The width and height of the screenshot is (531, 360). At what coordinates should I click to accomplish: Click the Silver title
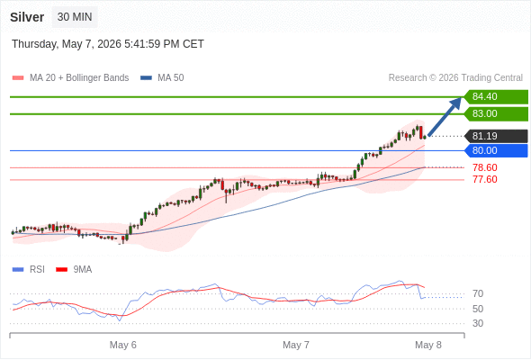(x=27, y=17)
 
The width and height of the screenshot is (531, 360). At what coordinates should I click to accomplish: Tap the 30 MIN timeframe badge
(x=75, y=17)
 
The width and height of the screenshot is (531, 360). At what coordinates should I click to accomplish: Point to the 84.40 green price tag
(x=496, y=97)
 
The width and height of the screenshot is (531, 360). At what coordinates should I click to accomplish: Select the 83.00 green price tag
(x=496, y=113)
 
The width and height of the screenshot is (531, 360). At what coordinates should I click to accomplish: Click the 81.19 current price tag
(x=496, y=136)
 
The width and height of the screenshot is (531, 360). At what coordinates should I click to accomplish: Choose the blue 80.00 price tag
(x=496, y=150)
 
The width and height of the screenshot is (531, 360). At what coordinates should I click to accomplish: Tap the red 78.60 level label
(x=485, y=167)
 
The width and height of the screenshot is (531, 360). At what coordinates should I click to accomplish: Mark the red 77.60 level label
(x=485, y=179)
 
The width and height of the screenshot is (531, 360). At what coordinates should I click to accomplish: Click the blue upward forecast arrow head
(x=456, y=103)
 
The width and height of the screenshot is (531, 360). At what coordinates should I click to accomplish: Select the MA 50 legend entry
(x=162, y=78)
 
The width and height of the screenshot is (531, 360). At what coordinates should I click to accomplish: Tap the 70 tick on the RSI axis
(x=478, y=293)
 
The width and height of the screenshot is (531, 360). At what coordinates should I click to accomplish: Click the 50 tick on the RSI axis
(x=478, y=309)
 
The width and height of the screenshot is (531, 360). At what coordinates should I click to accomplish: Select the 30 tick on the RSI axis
(x=478, y=323)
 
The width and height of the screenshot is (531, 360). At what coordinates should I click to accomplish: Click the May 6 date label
(x=123, y=345)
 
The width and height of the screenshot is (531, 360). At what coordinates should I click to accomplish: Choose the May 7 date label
(x=296, y=345)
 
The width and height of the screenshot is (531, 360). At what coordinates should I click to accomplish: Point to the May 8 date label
(x=428, y=345)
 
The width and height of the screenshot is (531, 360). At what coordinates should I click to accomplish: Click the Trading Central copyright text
(x=455, y=78)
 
